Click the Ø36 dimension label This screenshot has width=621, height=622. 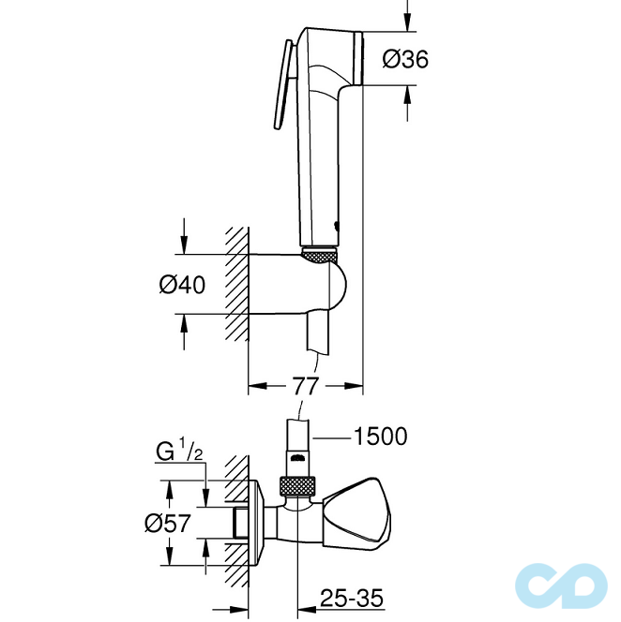(405, 59)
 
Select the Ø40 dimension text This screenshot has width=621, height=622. (182, 285)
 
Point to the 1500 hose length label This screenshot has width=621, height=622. (380, 437)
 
